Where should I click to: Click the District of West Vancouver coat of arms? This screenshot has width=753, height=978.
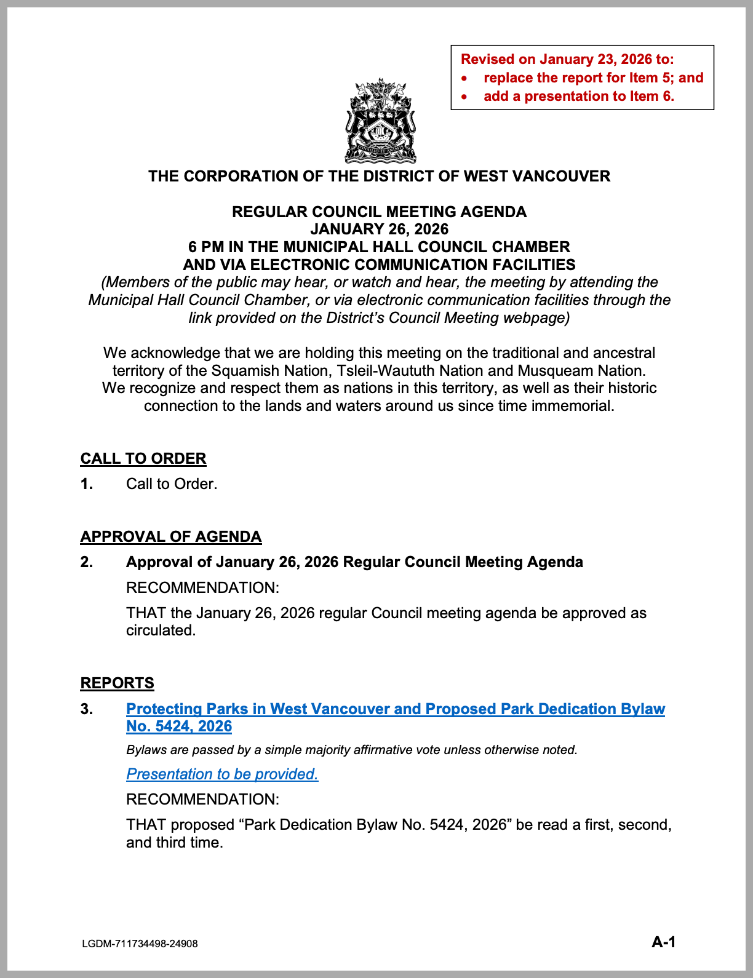click(x=380, y=121)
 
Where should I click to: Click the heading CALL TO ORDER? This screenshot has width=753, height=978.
click(x=143, y=459)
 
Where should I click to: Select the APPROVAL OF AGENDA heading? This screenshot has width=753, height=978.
click(x=171, y=537)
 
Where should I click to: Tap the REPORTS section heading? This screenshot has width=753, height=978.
click(x=118, y=683)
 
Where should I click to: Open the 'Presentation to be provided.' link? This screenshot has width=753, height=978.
click(x=222, y=774)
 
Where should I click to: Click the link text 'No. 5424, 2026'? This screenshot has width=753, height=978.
click(x=179, y=726)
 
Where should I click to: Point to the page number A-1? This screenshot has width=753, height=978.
click(x=664, y=942)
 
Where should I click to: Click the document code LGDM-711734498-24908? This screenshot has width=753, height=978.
click(x=140, y=944)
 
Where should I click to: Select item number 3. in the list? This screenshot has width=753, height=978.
click(x=87, y=709)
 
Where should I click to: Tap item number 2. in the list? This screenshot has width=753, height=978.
click(x=87, y=562)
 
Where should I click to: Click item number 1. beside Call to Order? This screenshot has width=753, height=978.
click(x=87, y=484)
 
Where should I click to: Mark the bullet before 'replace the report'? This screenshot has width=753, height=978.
click(x=465, y=78)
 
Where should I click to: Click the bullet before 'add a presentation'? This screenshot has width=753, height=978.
click(x=465, y=97)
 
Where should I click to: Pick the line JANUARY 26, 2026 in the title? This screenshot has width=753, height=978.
click(x=380, y=229)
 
